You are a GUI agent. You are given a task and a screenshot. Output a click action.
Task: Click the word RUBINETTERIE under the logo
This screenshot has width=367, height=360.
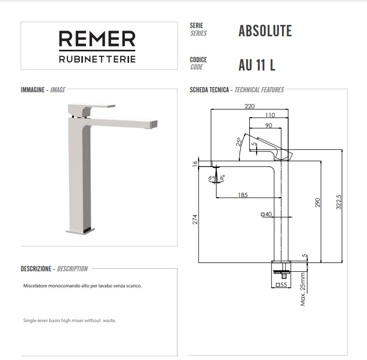97,59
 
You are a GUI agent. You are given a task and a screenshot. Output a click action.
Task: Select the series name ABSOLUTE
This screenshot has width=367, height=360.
265,31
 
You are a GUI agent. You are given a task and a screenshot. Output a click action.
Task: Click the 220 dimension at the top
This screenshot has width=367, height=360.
249,106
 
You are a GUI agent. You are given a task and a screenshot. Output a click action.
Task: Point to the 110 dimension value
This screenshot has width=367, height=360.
270,115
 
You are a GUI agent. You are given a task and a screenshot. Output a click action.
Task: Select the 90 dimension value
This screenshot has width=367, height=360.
269,126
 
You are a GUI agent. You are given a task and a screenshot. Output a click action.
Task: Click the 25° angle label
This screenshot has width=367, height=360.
239,143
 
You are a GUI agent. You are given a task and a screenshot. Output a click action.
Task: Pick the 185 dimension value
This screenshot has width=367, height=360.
243,195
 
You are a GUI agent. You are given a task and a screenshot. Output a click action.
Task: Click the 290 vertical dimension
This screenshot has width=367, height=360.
318,202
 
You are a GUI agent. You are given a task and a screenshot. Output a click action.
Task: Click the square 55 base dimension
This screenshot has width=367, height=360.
281,285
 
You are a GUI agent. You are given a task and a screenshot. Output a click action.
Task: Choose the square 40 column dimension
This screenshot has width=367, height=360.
267,214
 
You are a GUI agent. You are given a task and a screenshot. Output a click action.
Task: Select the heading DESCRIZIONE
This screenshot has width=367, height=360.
36,269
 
